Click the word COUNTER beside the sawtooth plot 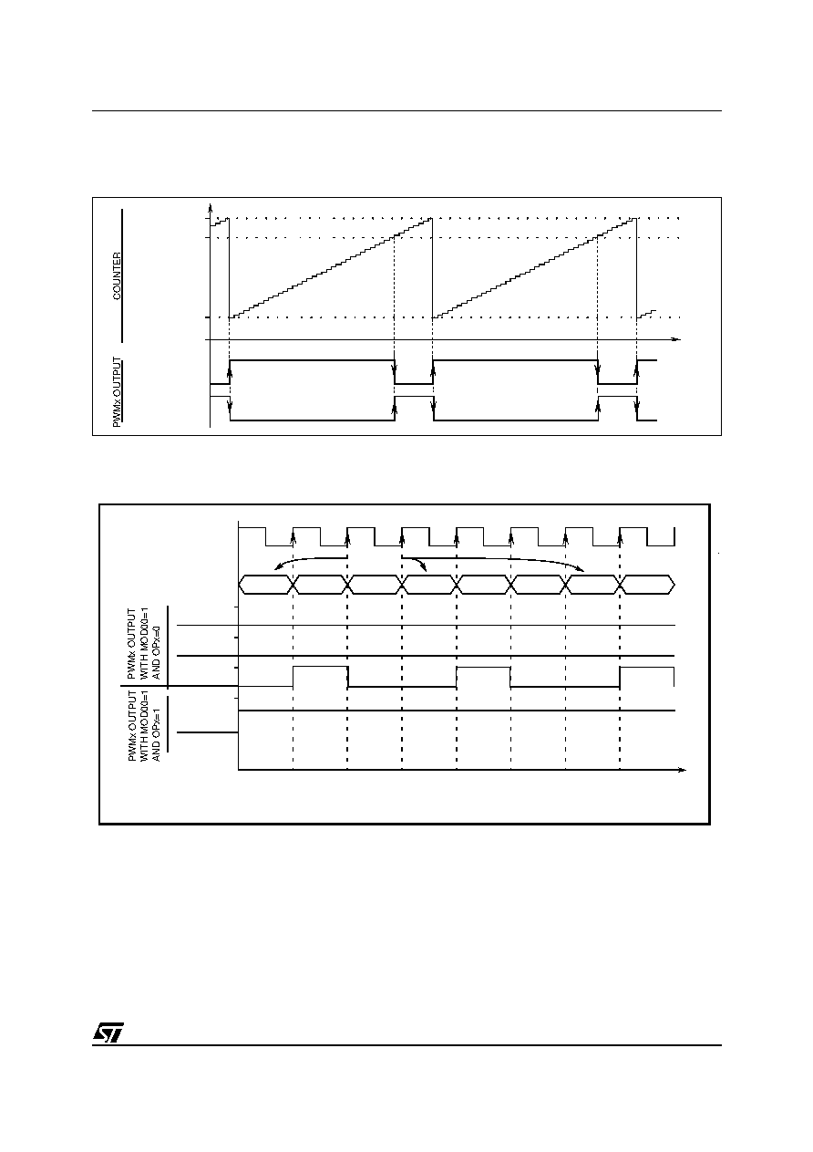118,275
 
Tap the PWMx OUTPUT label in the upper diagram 118,392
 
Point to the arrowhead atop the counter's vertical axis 210,207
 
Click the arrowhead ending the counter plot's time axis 676,339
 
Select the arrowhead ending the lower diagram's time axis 682,770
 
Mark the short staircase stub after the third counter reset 646,314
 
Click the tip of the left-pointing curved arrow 275,569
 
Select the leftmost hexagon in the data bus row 266,585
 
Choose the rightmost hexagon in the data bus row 647,585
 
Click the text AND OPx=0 157,653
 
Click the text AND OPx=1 157,734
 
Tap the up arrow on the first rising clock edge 293,536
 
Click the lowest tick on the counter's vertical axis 208,317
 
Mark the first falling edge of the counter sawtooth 229,267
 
